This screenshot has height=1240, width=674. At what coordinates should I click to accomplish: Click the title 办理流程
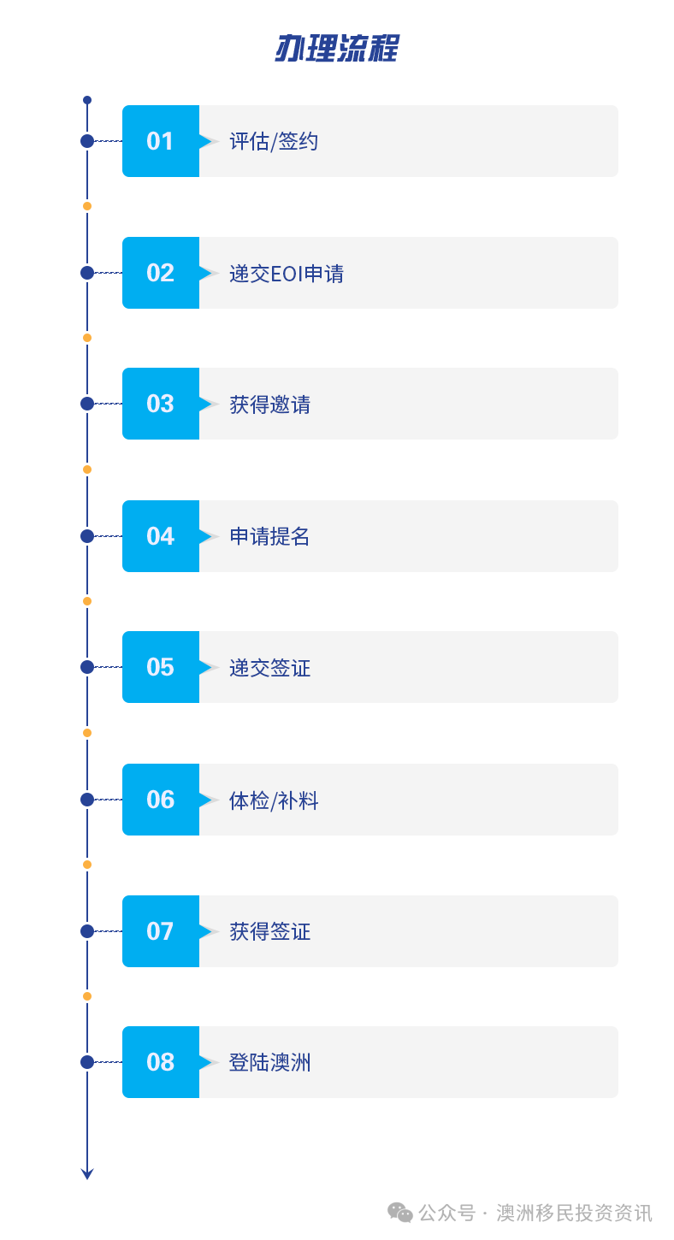(x=337, y=48)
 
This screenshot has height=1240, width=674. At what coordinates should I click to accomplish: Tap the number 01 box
(x=161, y=141)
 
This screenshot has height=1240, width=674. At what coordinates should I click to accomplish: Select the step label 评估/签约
(x=274, y=142)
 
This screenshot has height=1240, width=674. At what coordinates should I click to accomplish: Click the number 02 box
(x=161, y=273)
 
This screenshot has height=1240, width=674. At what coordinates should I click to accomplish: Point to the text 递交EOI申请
(x=287, y=274)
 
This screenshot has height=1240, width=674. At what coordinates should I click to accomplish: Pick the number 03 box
(x=161, y=404)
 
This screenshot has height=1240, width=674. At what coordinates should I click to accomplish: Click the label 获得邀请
(x=269, y=404)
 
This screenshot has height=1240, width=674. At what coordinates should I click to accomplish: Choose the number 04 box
(x=161, y=536)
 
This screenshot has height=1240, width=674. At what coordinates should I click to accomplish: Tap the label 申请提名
(x=269, y=536)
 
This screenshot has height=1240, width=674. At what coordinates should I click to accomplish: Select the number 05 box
(x=161, y=667)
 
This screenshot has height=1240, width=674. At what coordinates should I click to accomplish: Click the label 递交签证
(x=269, y=668)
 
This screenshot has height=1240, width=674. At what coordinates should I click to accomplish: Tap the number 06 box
(x=161, y=800)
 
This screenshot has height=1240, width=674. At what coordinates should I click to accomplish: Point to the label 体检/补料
(x=274, y=800)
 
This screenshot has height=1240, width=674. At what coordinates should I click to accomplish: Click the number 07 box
(x=161, y=931)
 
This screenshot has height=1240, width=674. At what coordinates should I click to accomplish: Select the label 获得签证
(x=269, y=931)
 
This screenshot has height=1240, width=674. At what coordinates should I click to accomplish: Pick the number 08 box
(x=161, y=1062)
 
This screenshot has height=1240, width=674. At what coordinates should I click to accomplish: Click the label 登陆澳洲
(x=269, y=1063)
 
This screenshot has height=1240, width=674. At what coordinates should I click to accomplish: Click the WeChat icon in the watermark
(x=399, y=1213)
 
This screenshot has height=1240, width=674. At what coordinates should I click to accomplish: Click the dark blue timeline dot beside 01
(x=87, y=141)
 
